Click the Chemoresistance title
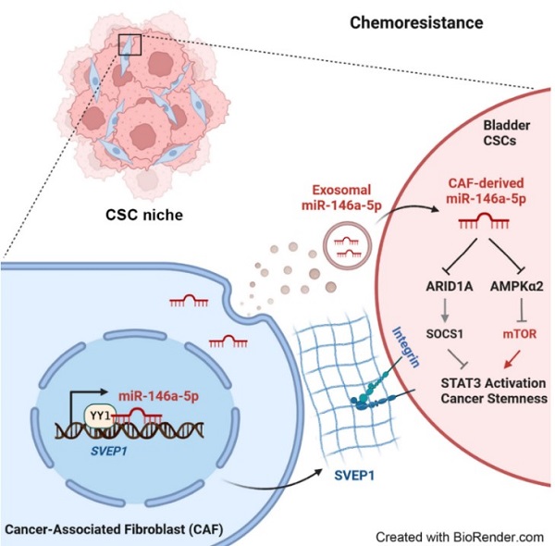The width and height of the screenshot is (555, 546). pos(403,20)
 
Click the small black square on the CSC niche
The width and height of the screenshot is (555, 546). pos(129,43)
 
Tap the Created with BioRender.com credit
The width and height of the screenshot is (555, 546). pos(458,535)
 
